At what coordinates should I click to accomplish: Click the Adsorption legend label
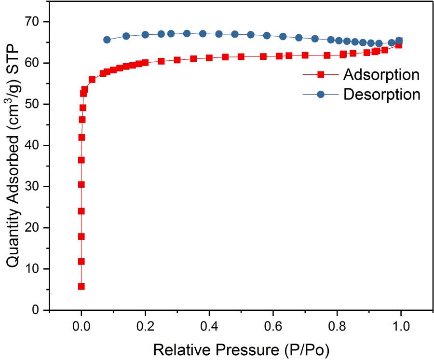tap(381, 75)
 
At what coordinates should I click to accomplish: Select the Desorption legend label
tap(382, 94)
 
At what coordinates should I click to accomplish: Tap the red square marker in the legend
tap(321, 75)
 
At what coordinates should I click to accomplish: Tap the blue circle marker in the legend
tap(321, 95)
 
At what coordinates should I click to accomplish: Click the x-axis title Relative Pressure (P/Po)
tap(241, 348)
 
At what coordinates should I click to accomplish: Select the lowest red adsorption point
tap(81, 287)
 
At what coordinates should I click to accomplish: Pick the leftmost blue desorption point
tap(107, 40)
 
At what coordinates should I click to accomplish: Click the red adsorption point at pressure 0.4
tap(209, 58)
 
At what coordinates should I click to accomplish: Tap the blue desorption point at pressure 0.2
tap(145, 35)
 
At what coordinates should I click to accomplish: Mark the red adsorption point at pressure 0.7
tap(305, 55)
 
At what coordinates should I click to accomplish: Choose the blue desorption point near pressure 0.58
tap(267, 35)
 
